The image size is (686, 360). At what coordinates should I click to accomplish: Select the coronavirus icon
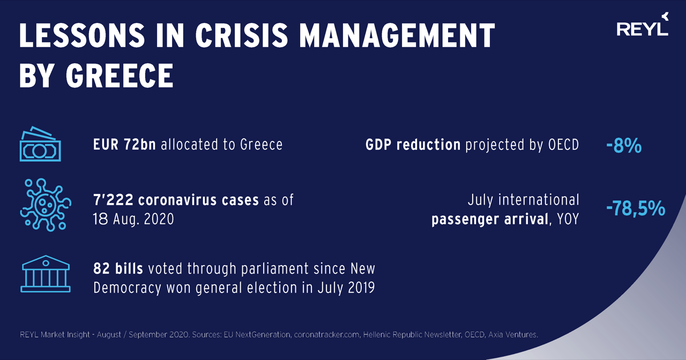[41, 204]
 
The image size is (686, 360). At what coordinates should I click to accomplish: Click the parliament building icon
[45, 274]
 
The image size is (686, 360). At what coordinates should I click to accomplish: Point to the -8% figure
[624, 145]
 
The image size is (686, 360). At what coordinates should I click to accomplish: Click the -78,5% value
[636, 208]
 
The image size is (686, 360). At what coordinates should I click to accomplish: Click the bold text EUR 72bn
[124, 145]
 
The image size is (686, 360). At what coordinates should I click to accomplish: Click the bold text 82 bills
[118, 268]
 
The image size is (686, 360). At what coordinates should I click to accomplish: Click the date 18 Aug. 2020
[133, 219]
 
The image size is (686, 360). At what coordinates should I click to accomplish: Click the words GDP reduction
[413, 145]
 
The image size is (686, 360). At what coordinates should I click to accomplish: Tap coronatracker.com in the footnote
[327, 335]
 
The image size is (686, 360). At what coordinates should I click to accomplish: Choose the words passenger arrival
[489, 219]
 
